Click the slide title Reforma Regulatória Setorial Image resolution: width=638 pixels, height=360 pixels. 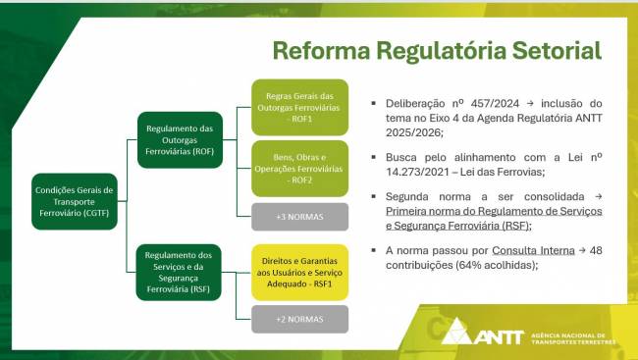click(437, 50)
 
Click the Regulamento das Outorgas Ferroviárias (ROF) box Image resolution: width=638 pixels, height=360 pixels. click(180, 139)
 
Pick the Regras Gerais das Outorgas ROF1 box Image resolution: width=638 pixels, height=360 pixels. click(299, 107)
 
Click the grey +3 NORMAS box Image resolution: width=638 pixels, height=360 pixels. click(299, 216)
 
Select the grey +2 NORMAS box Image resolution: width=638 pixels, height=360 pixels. click(299, 319)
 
